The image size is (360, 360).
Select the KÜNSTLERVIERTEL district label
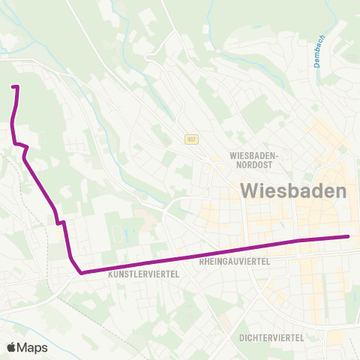(x=144, y=274)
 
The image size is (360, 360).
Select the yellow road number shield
(x=193, y=139)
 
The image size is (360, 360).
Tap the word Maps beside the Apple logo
(x=32, y=348)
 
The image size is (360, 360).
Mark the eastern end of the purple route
(x=349, y=237)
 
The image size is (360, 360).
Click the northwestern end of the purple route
(x=13, y=88)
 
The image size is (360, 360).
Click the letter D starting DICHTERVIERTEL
(x=242, y=337)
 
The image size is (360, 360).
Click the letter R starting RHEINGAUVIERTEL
(x=203, y=262)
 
